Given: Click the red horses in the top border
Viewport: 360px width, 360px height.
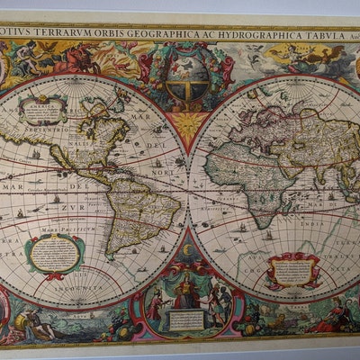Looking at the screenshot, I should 85,59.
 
